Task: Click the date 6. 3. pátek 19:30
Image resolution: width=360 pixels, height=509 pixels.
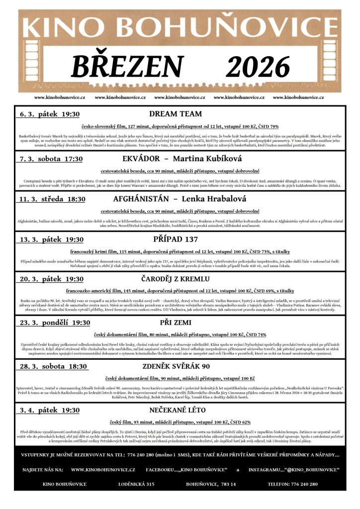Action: pos(50,114)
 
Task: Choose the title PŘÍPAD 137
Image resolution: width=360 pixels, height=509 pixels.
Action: pos(169,239)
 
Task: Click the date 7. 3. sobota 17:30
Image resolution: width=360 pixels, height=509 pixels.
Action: pos(51,159)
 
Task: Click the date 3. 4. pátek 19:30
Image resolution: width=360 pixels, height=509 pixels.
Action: pos(50,411)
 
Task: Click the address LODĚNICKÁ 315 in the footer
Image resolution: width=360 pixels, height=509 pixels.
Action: pos(136,484)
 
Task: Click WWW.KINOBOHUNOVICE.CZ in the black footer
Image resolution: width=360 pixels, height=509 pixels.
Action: pos(103,469)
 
